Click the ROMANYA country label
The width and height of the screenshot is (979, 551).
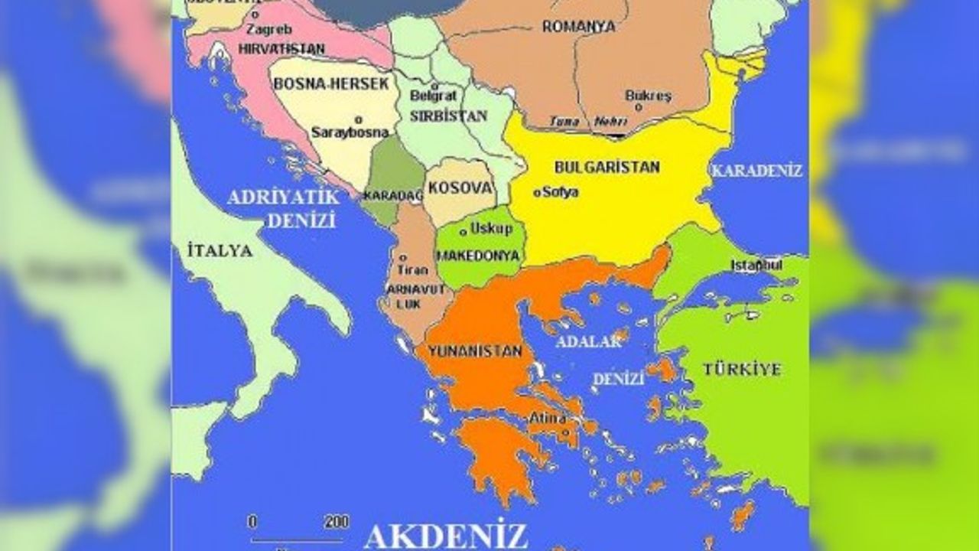coord(578,27)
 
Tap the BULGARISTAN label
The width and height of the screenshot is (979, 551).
coord(607,167)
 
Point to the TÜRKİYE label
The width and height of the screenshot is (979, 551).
coord(742,370)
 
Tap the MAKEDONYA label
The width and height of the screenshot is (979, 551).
coord(479,256)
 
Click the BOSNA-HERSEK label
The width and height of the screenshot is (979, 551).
coord(331,83)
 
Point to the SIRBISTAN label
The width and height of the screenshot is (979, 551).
coord(448,116)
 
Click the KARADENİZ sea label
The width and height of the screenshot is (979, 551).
coord(756,171)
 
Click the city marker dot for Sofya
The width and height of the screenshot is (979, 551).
coord(537,193)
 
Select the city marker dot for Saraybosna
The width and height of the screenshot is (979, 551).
coord(358,119)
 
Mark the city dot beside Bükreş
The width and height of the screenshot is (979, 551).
coord(639,108)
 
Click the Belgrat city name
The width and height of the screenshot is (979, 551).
coord(433,96)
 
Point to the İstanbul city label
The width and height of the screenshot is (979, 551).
coord(756,266)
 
